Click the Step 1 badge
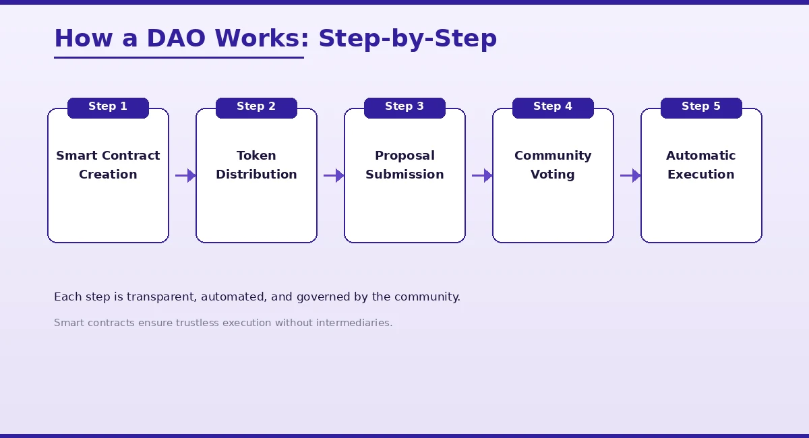click(108, 107)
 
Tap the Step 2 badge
click(256, 107)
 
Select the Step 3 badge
click(404, 107)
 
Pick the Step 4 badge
click(553, 107)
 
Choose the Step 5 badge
click(701, 107)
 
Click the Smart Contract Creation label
click(108, 165)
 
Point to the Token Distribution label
click(256, 165)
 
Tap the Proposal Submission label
click(404, 165)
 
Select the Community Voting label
click(553, 165)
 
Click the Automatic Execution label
click(701, 165)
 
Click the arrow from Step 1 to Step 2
click(185, 176)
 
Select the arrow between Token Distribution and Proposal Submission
click(334, 176)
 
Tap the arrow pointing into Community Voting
click(482, 176)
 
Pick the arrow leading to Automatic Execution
click(630, 176)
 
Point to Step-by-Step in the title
click(407, 39)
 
